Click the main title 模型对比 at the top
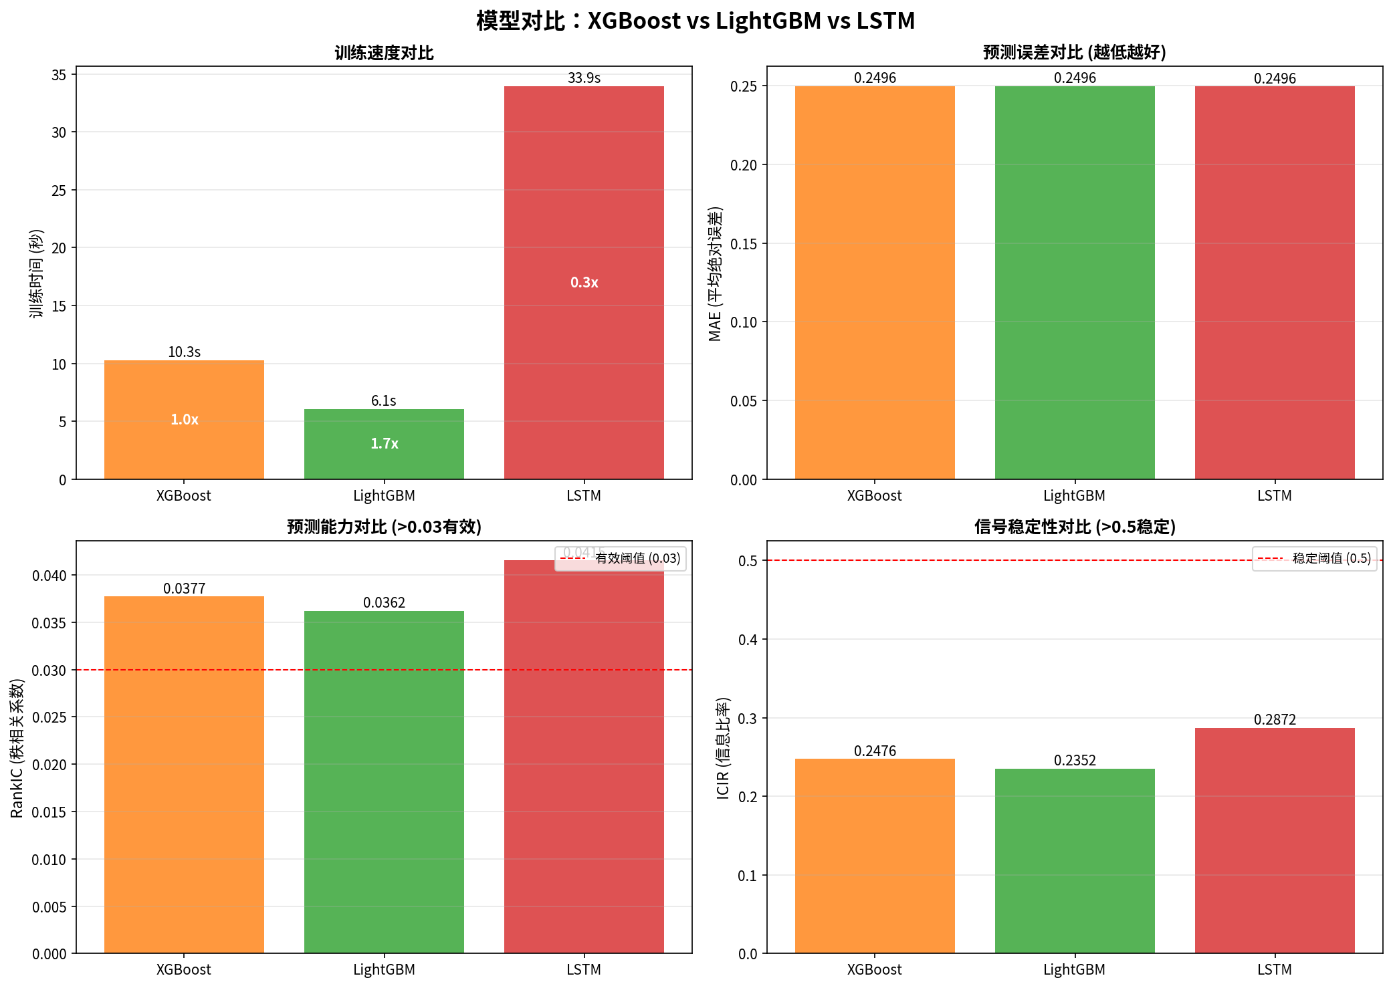pos(695,21)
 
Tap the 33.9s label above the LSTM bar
pos(584,78)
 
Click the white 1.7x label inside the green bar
pos(384,444)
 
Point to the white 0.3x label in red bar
pos(584,282)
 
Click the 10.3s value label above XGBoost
pos(184,352)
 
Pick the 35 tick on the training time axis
pos(59,75)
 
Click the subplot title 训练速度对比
pos(384,53)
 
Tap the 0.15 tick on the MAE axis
pos(743,244)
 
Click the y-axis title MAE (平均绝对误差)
pos(715,274)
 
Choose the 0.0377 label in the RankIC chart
pos(184,588)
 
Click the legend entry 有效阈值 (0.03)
pos(637,558)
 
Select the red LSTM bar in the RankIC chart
pos(584,755)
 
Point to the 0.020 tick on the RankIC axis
pos(49,765)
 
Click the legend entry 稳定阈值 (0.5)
pos(1331,558)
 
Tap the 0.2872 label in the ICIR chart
pos(1275,719)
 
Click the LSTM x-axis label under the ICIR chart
pos(1274,969)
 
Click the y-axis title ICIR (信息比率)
pos(723,748)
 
